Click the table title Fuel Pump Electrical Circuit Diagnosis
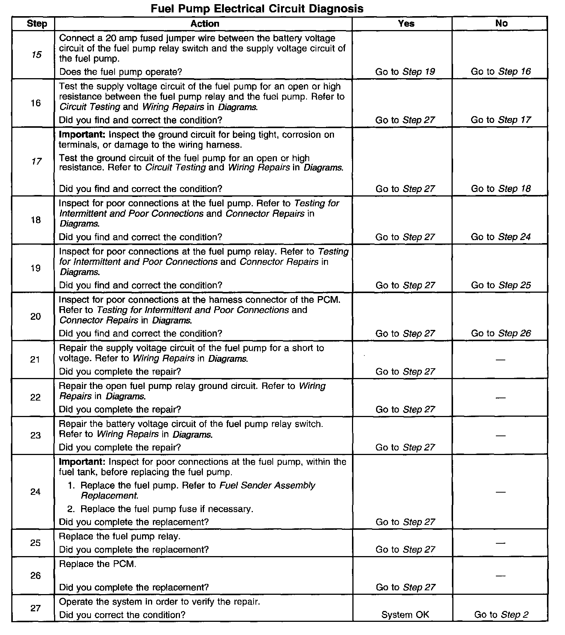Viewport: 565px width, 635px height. [x=257, y=8]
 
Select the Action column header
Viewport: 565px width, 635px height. [x=205, y=24]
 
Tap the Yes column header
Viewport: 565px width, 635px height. [x=406, y=24]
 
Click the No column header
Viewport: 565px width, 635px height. [x=501, y=23]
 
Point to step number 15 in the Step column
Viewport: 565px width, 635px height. [x=36, y=55]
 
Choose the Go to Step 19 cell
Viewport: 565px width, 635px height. [x=405, y=72]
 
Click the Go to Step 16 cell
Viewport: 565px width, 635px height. [x=501, y=72]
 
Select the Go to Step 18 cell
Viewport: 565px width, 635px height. [x=501, y=189]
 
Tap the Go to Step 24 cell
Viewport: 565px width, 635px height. [x=501, y=237]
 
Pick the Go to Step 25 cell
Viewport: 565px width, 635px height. [x=501, y=285]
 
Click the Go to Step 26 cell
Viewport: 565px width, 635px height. [x=501, y=333]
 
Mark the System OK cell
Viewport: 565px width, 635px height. [x=405, y=615]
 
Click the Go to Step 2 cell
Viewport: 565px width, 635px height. [x=501, y=615]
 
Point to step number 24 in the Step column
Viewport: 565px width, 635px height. [x=35, y=492]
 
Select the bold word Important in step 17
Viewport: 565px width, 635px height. [x=82, y=135]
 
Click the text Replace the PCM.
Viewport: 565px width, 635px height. [x=98, y=564]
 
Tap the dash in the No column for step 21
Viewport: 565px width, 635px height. [x=500, y=360]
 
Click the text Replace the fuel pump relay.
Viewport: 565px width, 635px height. [x=120, y=536]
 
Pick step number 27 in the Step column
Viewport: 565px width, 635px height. [x=35, y=608]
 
